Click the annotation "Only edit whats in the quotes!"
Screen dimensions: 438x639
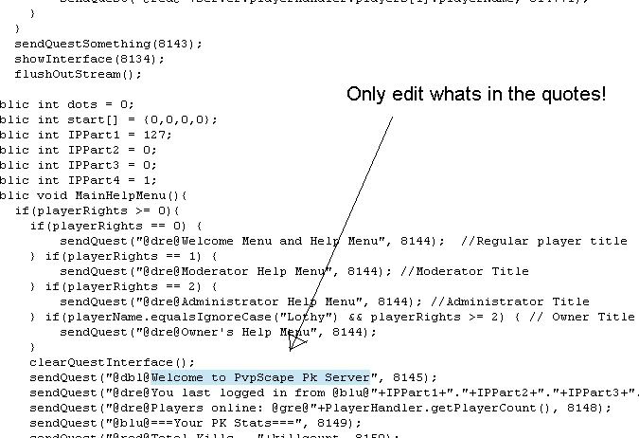tap(475, 95)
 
